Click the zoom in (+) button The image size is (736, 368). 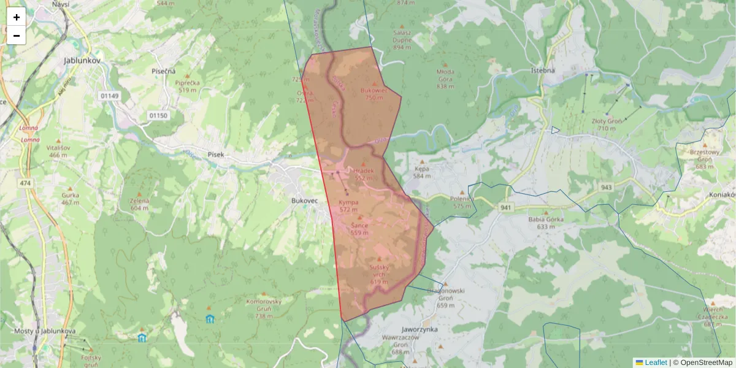(17, 17)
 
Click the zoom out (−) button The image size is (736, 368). (17, 36)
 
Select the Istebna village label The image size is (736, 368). (542, 70)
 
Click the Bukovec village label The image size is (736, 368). (305, 200)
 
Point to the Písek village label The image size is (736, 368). (215, 155)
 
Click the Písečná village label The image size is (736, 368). (164, 71)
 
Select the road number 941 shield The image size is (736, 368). (506, 208)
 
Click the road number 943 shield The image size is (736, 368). (607, 187)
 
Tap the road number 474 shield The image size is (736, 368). (25, 183)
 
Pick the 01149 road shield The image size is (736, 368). (109, 96)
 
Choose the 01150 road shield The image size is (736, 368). (158, 115)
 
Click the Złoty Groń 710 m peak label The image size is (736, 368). (603, 125)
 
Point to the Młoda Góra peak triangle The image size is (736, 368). (445, 63)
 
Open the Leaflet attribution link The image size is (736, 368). (656, 362)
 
